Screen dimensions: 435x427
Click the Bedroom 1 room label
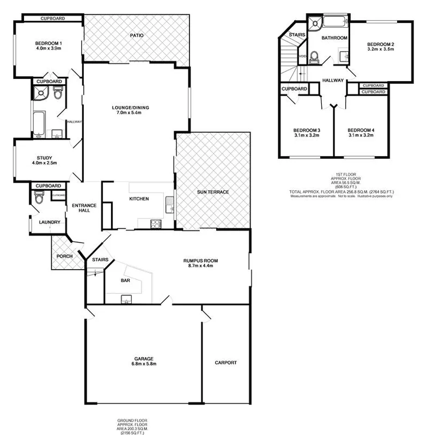click(x=48, y=43)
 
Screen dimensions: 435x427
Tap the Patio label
click(x=137, y=36)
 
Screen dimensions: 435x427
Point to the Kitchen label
click(x=139, y=199)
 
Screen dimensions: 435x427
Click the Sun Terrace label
click(x=212, y=192)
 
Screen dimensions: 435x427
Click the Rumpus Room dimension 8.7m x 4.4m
click(x=201, y=266)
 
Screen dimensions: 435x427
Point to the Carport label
click(x=225, y=363)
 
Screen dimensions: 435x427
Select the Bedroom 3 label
click(x=306, y=130)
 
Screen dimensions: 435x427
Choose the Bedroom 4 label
click(x=361, y=130)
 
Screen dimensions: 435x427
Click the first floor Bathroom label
click(x=334, y=38)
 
